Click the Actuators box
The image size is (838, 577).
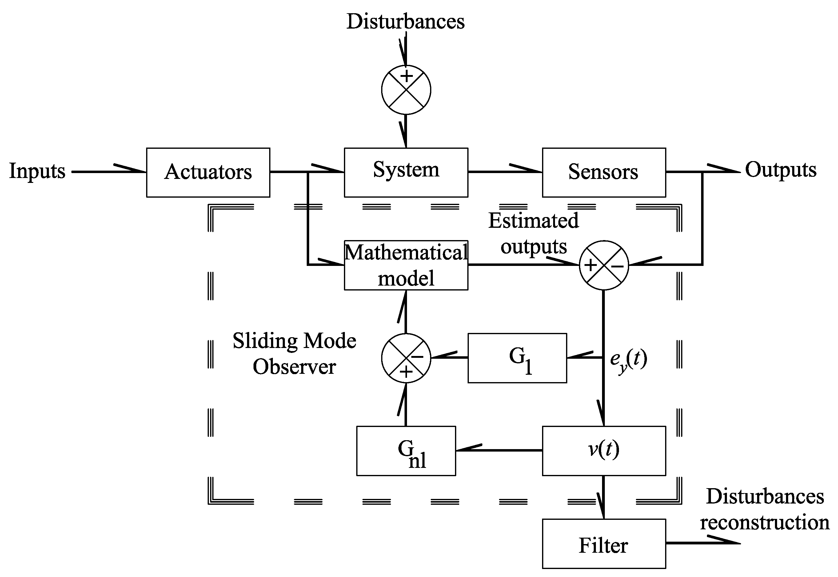tap(208, 172)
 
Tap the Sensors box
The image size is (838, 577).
tap(604, 172)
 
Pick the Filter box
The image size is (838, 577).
tap(604, 543)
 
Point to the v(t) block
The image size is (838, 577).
tap(604, 450)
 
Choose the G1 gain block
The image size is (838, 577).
tap(517, 358)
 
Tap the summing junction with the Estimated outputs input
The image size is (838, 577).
tap(604, 265)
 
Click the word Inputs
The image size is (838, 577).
tap(37, 171)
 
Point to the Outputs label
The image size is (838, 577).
tap(780, 170)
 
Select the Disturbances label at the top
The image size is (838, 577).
tap(405, 22)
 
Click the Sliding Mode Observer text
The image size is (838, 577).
tap(294, 354)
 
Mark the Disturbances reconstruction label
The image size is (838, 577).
tap(764, 509)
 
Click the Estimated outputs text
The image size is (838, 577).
tap(533, 234)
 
